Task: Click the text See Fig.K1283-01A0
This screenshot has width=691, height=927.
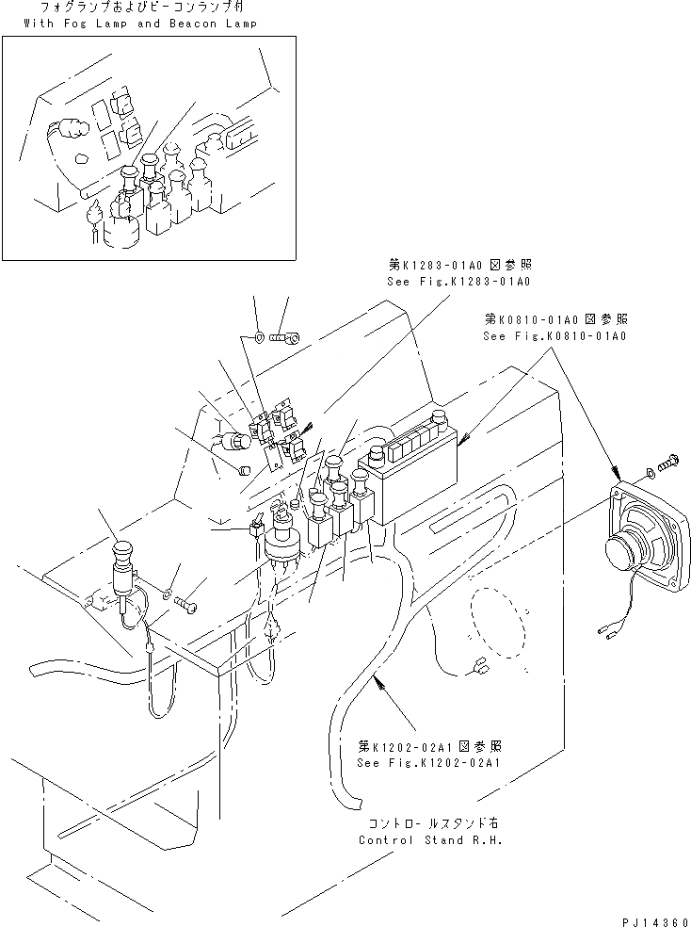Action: (x=458, y=282)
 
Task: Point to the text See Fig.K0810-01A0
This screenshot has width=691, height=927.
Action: (x=554, y=335)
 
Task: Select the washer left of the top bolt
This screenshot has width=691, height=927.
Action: (x=258, y=334)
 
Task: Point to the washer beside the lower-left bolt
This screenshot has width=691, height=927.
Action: (x=168, y=593)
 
